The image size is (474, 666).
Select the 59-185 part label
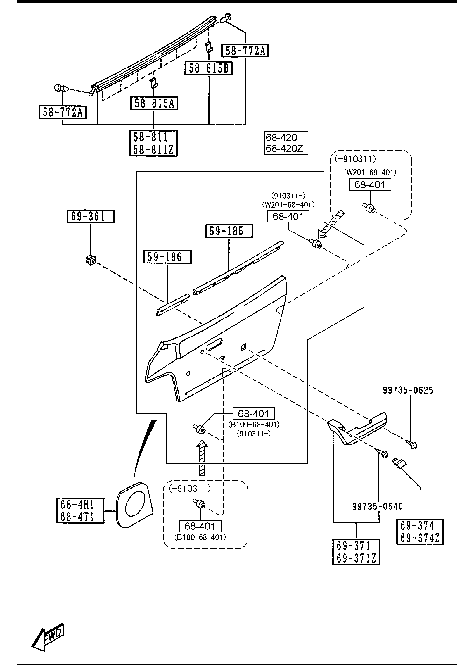point(229,231)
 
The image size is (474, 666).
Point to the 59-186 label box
point(167,257)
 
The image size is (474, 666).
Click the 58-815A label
point(154,103)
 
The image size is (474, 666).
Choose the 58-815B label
point(209,68)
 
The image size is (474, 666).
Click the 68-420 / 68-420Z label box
point(286,143)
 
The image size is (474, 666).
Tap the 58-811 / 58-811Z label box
point(153,143)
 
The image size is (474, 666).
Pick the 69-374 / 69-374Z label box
point(420,532)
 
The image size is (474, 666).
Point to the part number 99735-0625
point(408,390)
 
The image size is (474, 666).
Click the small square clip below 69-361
point(91,260)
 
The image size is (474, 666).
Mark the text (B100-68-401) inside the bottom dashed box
point(200,537)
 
